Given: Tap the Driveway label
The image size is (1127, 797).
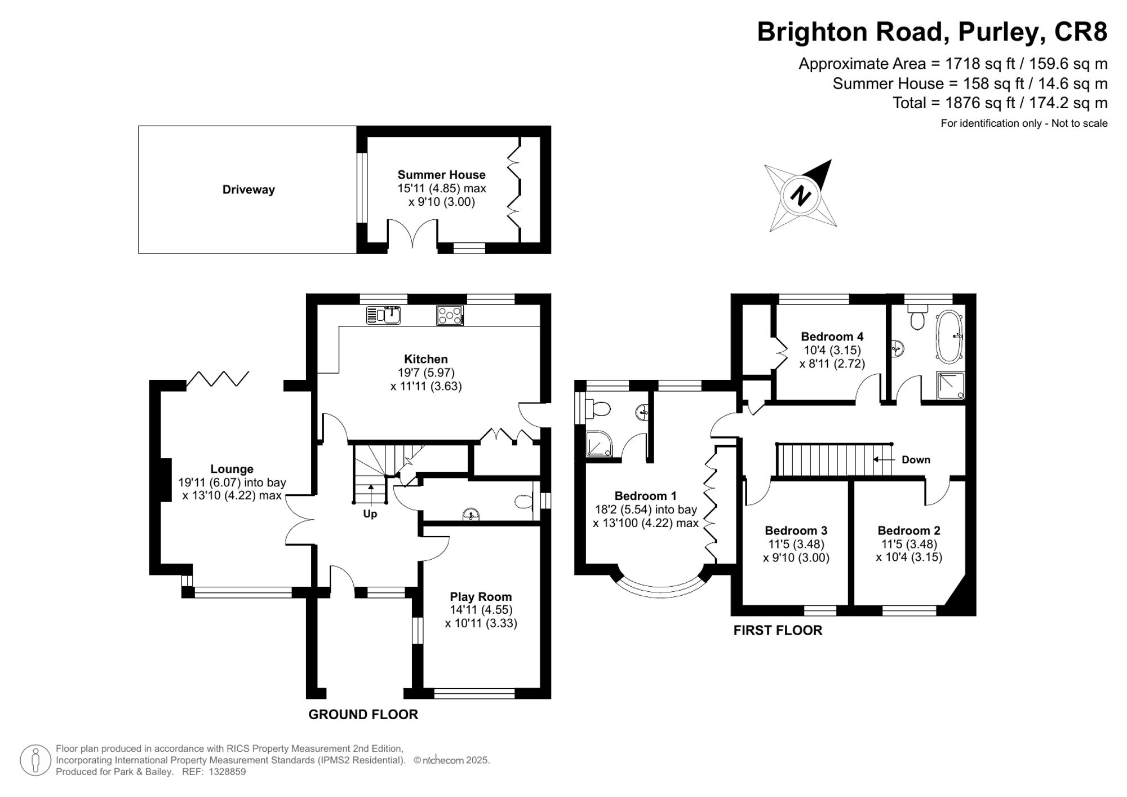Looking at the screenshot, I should tap(249, 190).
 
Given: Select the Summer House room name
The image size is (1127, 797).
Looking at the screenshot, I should tap(441, 175).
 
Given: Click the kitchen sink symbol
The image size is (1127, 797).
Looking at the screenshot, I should tap(383, 315).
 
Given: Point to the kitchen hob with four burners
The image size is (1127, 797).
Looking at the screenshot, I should tap(450, 315).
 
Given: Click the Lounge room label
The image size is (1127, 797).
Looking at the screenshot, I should tap(232, 469).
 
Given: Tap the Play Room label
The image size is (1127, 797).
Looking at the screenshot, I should tap(481, 596).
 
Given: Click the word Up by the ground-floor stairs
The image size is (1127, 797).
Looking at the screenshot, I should tap(370, 514).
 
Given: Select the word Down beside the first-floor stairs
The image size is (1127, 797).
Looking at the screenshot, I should tap(916, 460).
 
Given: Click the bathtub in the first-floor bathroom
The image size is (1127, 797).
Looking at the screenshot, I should tap(950, 336).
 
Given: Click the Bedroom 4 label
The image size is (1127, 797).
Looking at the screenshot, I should tap(832, 336).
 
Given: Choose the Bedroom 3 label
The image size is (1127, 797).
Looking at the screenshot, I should tap(796, 530).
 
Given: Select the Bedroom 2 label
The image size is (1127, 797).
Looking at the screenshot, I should tap(908, 530).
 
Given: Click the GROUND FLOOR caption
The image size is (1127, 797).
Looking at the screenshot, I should tap(363, 715).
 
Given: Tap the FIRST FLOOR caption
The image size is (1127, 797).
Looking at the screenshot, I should tap(778, 630).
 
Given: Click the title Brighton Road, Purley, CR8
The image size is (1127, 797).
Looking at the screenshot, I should tap(931, 32).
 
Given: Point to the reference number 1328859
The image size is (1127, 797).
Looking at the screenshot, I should tap(227, 772).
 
